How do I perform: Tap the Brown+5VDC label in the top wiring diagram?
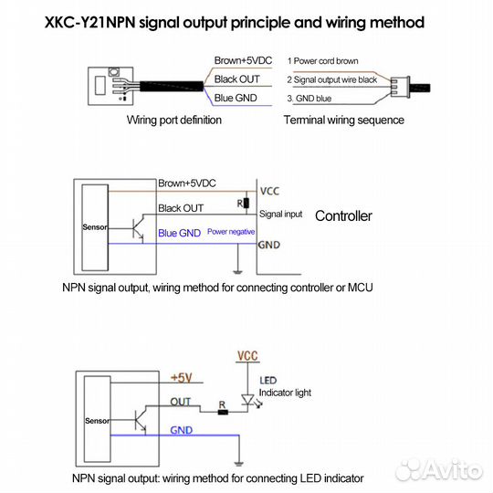pos(243,60)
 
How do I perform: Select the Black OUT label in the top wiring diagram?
pos(238,79)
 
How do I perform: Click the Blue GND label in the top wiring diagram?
pos(237,98)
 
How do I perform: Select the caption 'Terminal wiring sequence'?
pos(343,121)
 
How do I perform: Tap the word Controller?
pos(343,216)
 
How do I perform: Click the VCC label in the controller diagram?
pos(270,192)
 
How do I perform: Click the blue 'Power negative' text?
pos(231,233)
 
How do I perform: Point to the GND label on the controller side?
pos(269,246)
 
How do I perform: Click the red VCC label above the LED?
pos(247,354)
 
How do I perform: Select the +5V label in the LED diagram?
pos(182,376)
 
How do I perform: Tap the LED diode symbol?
pos(247,400)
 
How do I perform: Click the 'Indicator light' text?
pos(285,393)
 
